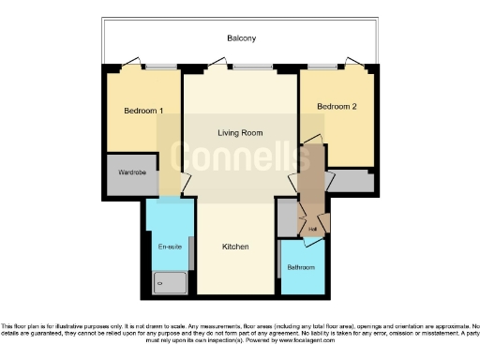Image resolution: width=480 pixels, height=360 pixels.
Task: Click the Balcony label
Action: (x=241, y=38)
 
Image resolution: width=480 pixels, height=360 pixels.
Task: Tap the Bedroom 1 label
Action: (x=143, y=112)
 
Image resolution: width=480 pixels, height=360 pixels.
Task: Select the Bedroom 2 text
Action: (x=337, y=107)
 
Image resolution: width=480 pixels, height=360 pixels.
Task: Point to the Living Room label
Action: (x=240, y=133)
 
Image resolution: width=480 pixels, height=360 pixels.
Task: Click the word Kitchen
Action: (x=234, y=247)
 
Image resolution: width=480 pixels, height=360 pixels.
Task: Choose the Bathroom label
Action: (x=301, y=267)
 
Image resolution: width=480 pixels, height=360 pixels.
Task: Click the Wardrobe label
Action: (x=131, y=173)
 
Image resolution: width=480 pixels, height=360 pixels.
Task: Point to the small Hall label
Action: (x=311, y=228)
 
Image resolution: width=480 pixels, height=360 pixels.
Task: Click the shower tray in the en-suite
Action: (x=169, y=278)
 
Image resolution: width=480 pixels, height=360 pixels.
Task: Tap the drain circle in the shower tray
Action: (x=157, y=279)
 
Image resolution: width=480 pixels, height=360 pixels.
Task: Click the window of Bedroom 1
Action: (x=160, y=66)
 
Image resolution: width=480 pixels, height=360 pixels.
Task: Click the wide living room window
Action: (x=248, y=66)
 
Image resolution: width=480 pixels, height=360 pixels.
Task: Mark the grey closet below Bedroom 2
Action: (x=351, y=180)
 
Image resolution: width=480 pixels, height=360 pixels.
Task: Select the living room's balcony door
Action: (x=217, y=66)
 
